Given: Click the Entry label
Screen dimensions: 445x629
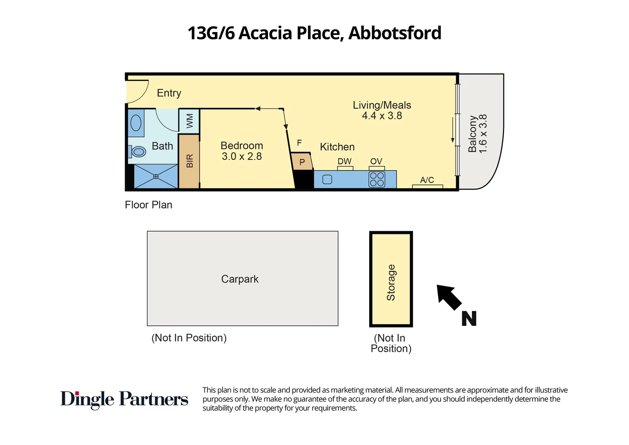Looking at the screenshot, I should coord(169,93).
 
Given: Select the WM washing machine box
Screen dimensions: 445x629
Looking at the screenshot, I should coord(189,121).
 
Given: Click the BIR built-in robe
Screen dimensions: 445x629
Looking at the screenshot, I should coord(189,161).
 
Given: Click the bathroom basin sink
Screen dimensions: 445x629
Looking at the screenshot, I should coord(136,123).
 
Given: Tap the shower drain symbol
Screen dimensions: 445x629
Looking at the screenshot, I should coord(156,176).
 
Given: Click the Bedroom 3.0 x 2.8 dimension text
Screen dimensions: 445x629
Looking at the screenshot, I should coord(242,157).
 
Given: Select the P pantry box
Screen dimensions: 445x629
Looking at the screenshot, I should coord(302,162).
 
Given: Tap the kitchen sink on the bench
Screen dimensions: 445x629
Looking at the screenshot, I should coord(327,180).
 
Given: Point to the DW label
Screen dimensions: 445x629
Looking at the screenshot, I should coord(345,162).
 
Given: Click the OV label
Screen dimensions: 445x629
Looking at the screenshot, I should coord(376,162).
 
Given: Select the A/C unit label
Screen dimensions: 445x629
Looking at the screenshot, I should coord(427,180).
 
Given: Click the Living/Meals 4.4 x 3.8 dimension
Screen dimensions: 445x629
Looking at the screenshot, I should coord(382,116).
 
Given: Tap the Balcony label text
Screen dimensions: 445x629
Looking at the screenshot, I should coord(473,134).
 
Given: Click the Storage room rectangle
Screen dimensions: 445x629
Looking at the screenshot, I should coord(391,279).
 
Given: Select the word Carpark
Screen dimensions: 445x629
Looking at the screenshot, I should coord(240,279).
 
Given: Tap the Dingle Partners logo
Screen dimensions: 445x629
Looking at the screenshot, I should coord(124,399).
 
